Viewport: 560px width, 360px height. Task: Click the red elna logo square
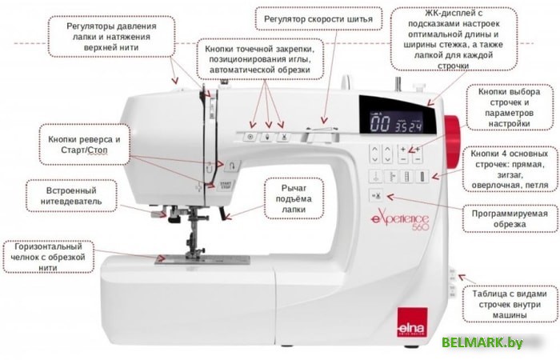pyautogui.click(x=413, y=322)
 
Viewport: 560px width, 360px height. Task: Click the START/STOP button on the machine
pyautogui.click(x=226, y=185)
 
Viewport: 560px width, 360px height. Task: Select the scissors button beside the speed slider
pyautogui.click(x=283, y=137)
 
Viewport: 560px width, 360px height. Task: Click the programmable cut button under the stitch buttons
pyautogui.click(x=376, y=196)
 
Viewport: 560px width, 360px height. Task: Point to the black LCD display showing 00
pyautogui.click(x=398, y=115)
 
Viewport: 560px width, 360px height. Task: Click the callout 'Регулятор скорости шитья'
pyautogui.click(x=318, y=18)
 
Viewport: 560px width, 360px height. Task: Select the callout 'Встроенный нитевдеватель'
pyautogui.click(x=71, y=196)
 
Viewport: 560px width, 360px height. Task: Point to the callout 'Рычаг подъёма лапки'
pyautogui.click(x=294, y=198)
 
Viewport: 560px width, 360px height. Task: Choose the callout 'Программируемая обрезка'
pyautogui.click(x=510, y=218)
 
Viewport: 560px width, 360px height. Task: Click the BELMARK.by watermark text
pyautogui.click(x=482, y=342)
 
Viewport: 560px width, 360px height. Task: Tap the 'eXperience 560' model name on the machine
pyautogui.click(x=400, y=222)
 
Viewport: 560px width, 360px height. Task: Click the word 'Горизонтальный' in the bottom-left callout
pyautogui.click(x=49, y=246)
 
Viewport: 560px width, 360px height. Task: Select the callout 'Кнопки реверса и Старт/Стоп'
pyautogui.click(x=84, y=144)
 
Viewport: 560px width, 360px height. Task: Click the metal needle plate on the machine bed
pyautogui.click(x=202, y=260)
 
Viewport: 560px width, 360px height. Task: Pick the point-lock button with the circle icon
pyautogui.click(x=250, y=137)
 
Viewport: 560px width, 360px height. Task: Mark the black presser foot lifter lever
pyautogui.click(x=222, y=214)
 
